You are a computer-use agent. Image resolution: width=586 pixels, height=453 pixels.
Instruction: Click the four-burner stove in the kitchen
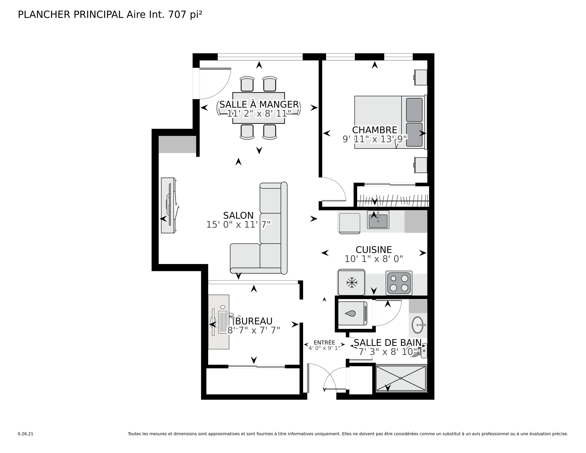[399, 283]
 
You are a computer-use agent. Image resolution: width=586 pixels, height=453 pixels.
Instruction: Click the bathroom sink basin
[417, 325]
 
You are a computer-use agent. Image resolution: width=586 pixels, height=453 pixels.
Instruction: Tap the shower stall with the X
[401, 378]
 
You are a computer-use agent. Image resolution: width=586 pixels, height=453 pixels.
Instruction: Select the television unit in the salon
[168, 205]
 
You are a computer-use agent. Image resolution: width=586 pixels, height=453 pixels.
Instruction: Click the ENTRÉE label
[324, 343]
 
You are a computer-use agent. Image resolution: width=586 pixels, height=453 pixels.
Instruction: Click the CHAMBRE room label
[374, 130]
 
